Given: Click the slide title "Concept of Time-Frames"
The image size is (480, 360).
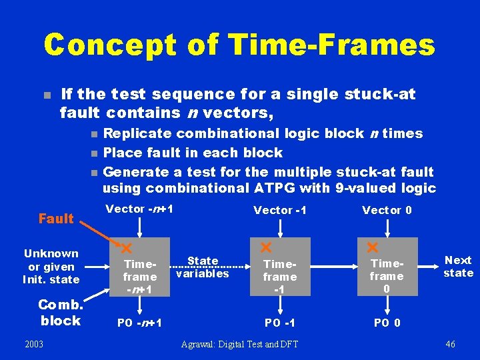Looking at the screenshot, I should point(239,45).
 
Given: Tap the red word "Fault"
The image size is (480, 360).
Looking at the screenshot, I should point(56,219).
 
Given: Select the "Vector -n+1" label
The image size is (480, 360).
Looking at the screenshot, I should point(140,209).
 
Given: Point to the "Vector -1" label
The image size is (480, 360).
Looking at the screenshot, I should point(280,210).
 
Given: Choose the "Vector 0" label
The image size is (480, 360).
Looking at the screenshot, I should point(387,210).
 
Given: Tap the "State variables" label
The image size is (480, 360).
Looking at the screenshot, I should point(203,267).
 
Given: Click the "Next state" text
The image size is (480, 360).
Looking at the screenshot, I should point(458,267).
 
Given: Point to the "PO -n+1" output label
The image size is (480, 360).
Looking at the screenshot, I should point(139,323).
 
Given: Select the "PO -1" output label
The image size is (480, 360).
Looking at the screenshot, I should point(280,323).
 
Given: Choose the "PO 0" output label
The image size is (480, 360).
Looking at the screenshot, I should point(387,323).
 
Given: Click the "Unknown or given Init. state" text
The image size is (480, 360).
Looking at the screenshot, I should point(51,266).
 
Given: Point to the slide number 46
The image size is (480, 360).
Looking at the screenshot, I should point(451,344).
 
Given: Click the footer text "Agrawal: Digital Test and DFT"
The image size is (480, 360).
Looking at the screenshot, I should point(240,344).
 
